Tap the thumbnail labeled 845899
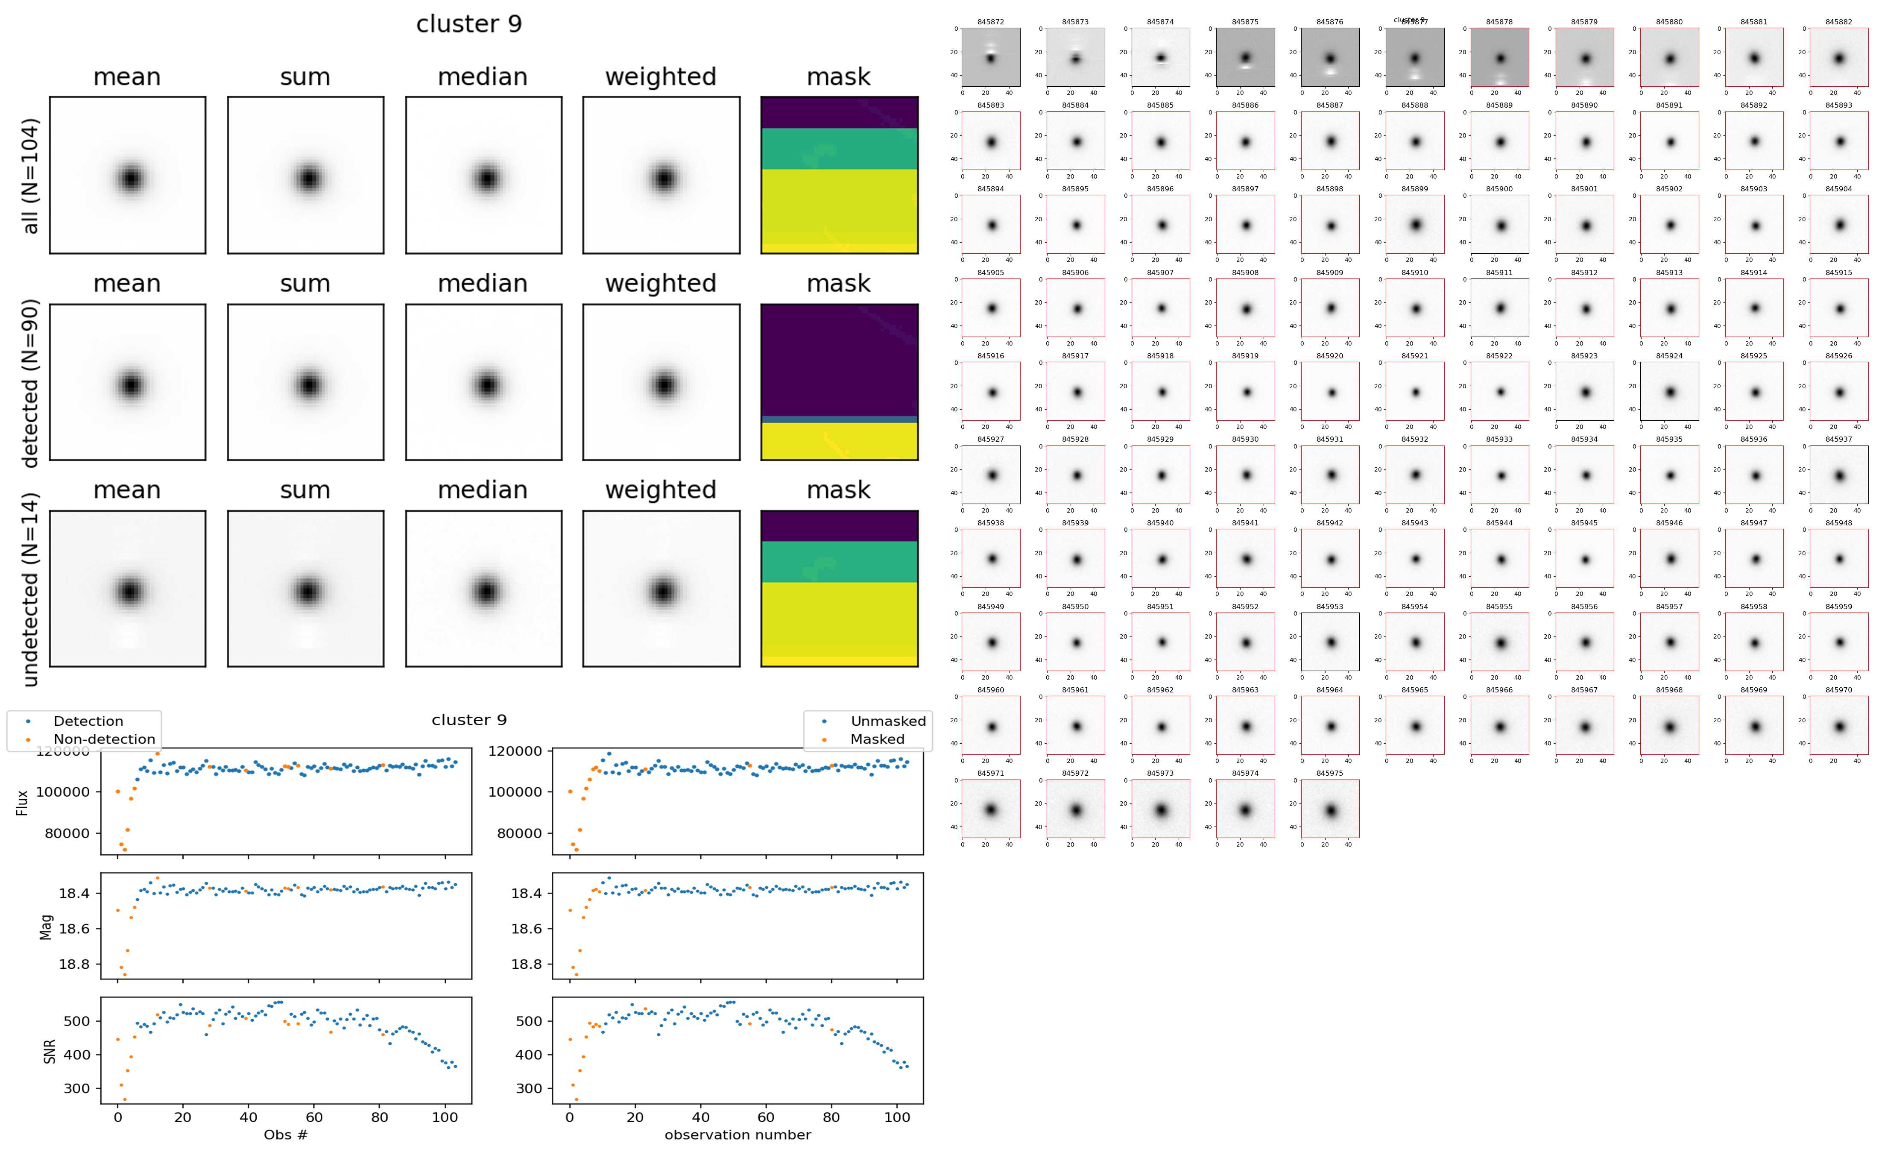[1415, 225]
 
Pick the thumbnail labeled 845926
[1838, 391]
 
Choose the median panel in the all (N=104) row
[483, 175]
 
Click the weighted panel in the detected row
[661, 382]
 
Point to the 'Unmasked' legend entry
[887, 721]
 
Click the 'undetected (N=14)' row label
[30, 589]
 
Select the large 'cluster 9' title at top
[469, 24]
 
